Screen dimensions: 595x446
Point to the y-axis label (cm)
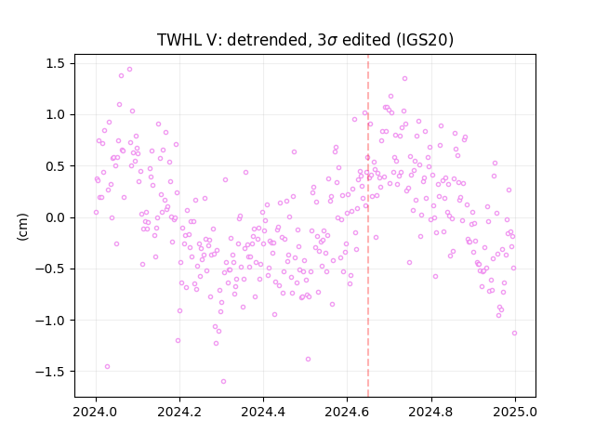coord(22,227)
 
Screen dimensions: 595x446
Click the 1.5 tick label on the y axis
coord(56,64)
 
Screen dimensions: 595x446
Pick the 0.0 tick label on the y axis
coord(56,217)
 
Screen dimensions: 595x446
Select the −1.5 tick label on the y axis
coord(50,372)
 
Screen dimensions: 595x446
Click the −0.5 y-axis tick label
coord(50,269)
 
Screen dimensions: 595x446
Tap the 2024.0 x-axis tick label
coord(96,412)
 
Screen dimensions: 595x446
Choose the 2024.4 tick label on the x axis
coord(263,412)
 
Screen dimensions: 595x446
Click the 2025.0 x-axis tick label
coord(515,412)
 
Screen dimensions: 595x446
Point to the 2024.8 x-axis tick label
coord(431,412)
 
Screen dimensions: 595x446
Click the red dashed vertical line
coord(368,226)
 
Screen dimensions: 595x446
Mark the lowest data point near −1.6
coord(223,382)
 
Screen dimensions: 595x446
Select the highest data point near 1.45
coord(130,70)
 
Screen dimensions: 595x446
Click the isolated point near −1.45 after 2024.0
coord(108,367)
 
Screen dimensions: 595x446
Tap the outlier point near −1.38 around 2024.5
coord(308,360)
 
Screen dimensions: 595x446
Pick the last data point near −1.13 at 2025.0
coord(514,334)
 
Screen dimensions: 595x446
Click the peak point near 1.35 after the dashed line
coord(405,78)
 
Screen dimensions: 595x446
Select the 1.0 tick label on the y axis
coord(56,115)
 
